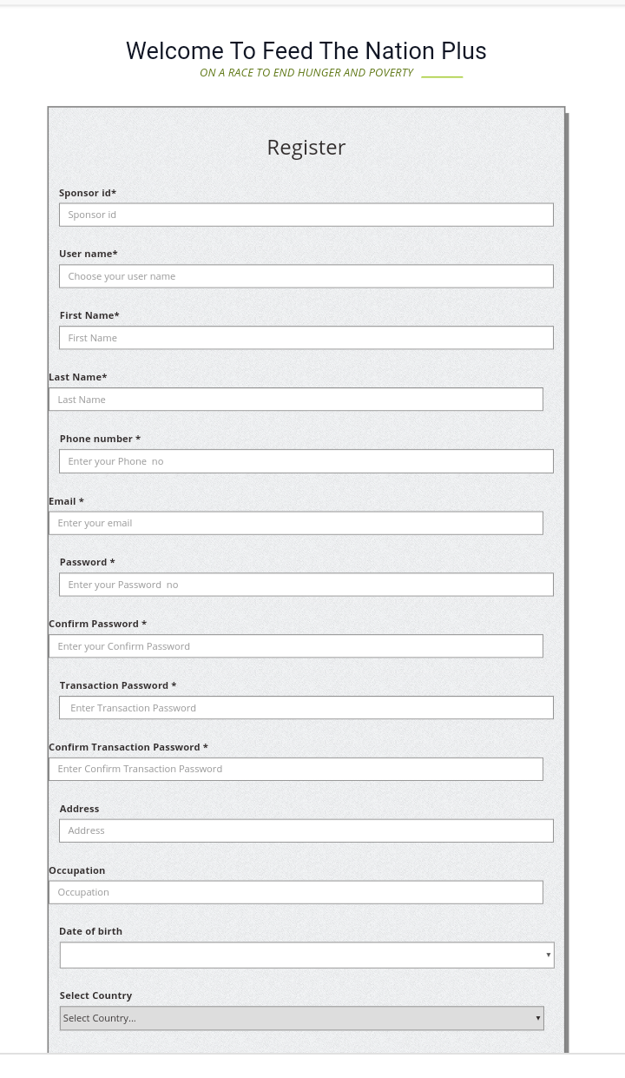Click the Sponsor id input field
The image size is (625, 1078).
click(x=306, y=215)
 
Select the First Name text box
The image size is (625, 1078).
click(x=306, y=338)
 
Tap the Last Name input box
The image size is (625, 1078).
click(x=295, y=400)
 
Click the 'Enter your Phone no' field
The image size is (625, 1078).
click(x=306, y=461)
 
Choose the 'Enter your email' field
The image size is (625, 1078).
click(x=295, y=523)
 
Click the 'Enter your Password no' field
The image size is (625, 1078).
click(x=306, y=585)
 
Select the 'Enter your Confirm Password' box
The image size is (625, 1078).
click(x=295, y=646)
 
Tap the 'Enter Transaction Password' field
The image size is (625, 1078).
click(x=306, y=708)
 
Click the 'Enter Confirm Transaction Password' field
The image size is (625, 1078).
click(x=295, y=769)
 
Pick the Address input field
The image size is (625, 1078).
click(x=306, y=830)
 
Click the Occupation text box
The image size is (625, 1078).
click(x=295, y=892)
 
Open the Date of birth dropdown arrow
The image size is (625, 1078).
click(x=548, y=955)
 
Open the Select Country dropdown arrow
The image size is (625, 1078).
click(x=537, y=1018)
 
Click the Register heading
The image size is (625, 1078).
click(x=306, y=148)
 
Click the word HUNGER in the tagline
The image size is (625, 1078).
click(x=319, y=73)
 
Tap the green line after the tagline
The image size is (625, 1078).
click(x=442, y=76)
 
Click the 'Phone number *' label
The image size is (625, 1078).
click(x=100, y=439)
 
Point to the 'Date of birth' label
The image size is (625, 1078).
click(x=90, y=931)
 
